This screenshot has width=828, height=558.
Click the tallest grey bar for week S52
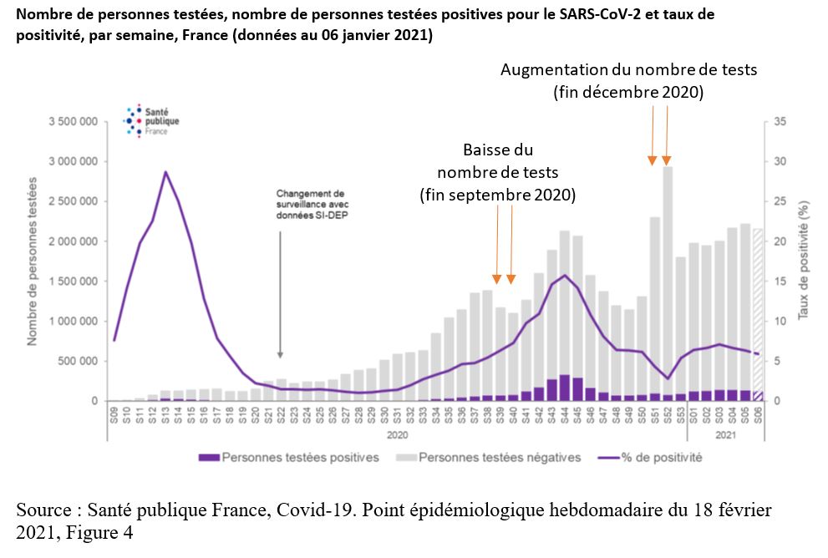click(667, 284)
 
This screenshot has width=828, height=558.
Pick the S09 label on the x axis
click(114, 415)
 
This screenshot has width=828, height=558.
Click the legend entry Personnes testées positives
click(289, 458)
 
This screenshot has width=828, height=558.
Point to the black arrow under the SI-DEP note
click(280, 292)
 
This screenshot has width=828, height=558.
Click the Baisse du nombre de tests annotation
click(497, 173)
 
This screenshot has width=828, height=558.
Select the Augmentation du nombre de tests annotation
click(628, 82)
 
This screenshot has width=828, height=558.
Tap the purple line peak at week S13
click(165, 172)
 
